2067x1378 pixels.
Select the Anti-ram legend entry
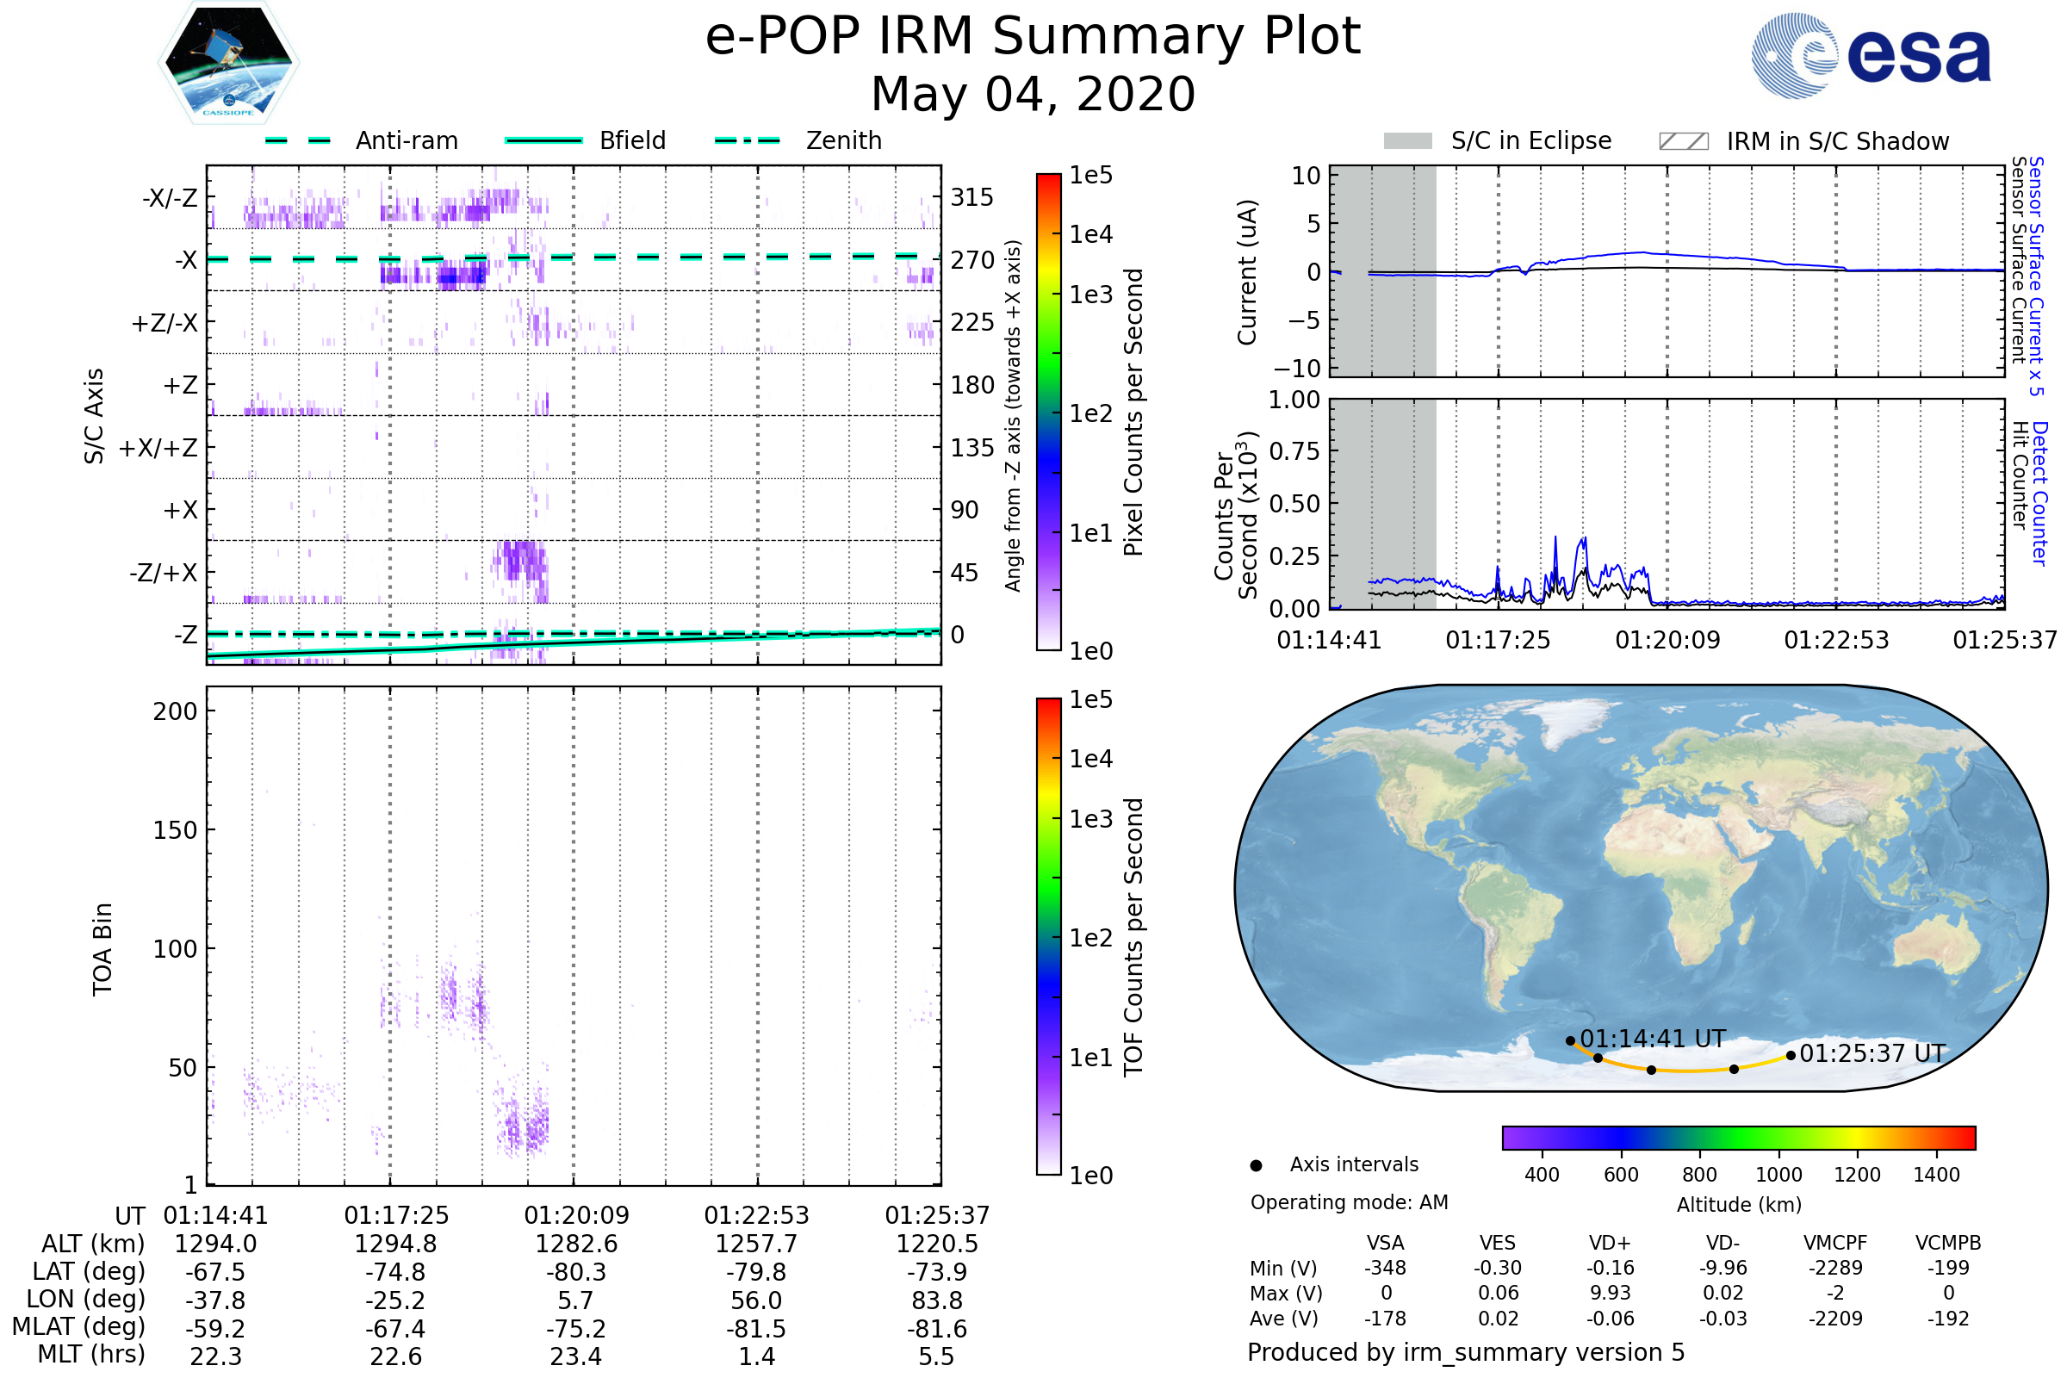[x=362, y=140]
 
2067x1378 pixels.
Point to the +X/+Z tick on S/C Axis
[x=158, y=448]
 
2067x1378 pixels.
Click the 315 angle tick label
[x=972, y=197]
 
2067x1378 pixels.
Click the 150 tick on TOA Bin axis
[x=175, y=830]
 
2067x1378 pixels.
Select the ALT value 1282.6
[x=576, y=1245]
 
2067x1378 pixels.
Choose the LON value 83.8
[x=937, y=1300]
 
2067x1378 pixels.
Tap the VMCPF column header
[x=1835, y=1244]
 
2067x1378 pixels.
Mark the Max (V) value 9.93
[x=1610, y=1293]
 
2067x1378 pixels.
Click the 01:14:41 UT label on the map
[x=1653, y=1040]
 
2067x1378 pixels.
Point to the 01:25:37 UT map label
[x=1872, y=1053]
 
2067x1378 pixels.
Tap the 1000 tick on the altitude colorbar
[x=1778, y=1175]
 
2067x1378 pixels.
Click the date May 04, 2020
[x=1033, y=94]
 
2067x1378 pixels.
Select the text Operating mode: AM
[x=1349, y=1202]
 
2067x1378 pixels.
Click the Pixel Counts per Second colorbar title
[x=1133, y=413]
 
